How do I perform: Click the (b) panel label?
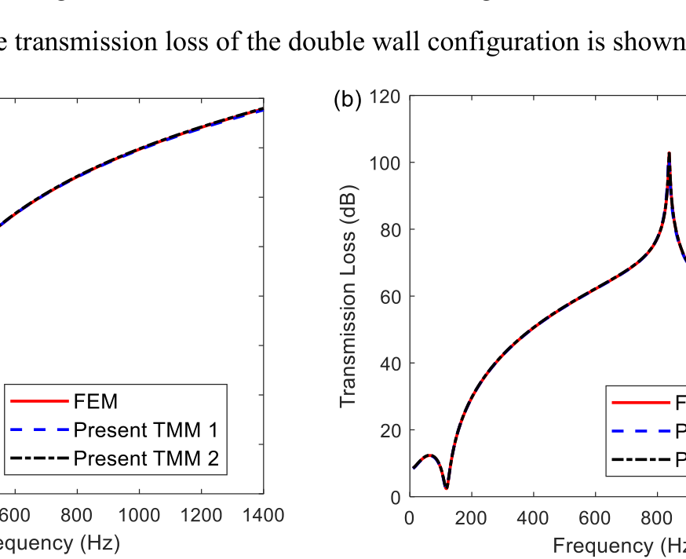[x=347, y=99]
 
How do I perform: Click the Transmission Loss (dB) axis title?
[x=348, y=297]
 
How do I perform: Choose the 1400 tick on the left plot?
[x=263, y=515]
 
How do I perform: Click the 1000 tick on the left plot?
[x=139, y=515]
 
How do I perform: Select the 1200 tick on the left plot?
[x=201, y=515]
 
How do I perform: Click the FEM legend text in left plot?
[x=96, y=402]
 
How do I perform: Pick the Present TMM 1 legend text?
[x=145, y=430]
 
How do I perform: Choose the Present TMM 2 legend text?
[x=145, y=459]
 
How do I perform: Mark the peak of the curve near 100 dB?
[x=669, y=154]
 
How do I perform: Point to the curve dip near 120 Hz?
[x=446, y=488]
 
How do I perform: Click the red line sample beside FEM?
[x=39, y=402]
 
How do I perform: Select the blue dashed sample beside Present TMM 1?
[x=39, y=430]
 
